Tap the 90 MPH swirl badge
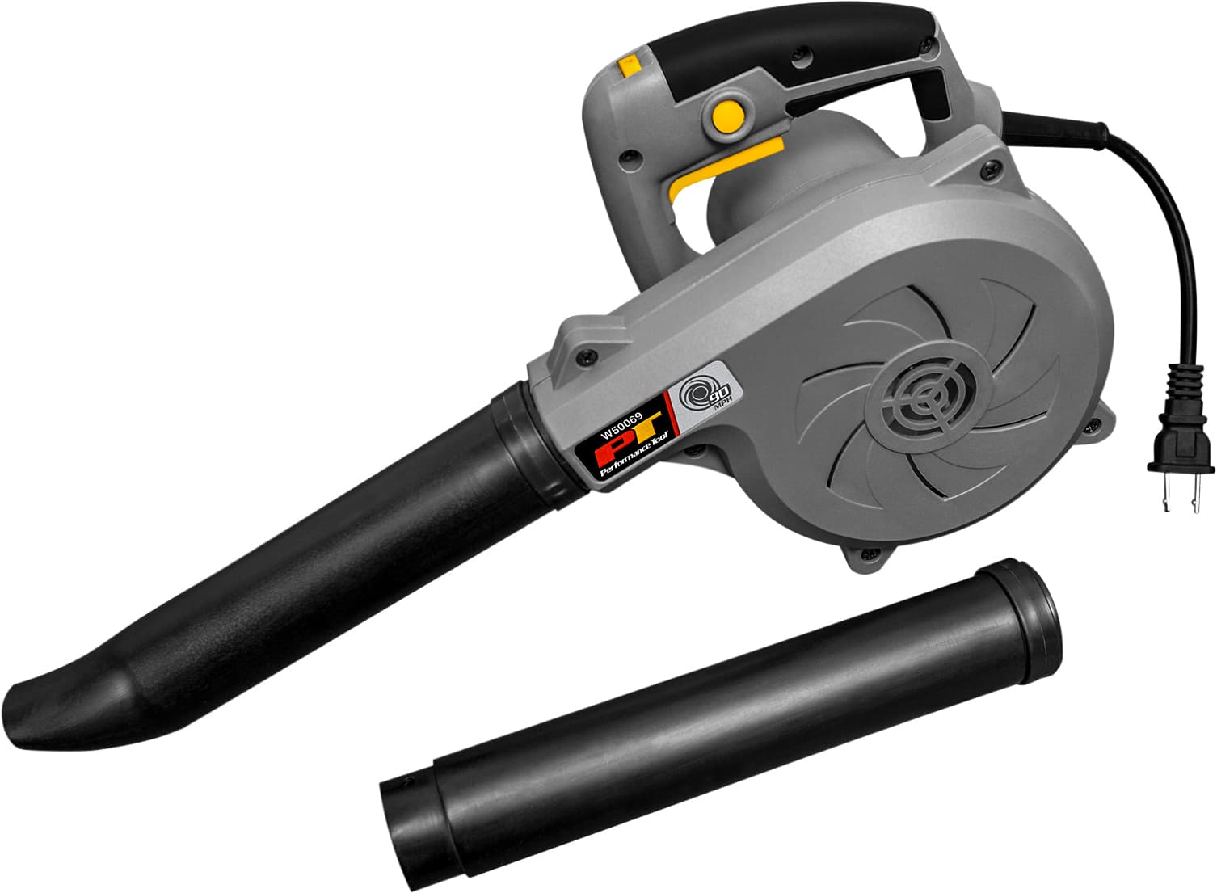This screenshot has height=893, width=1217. point(699,395)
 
